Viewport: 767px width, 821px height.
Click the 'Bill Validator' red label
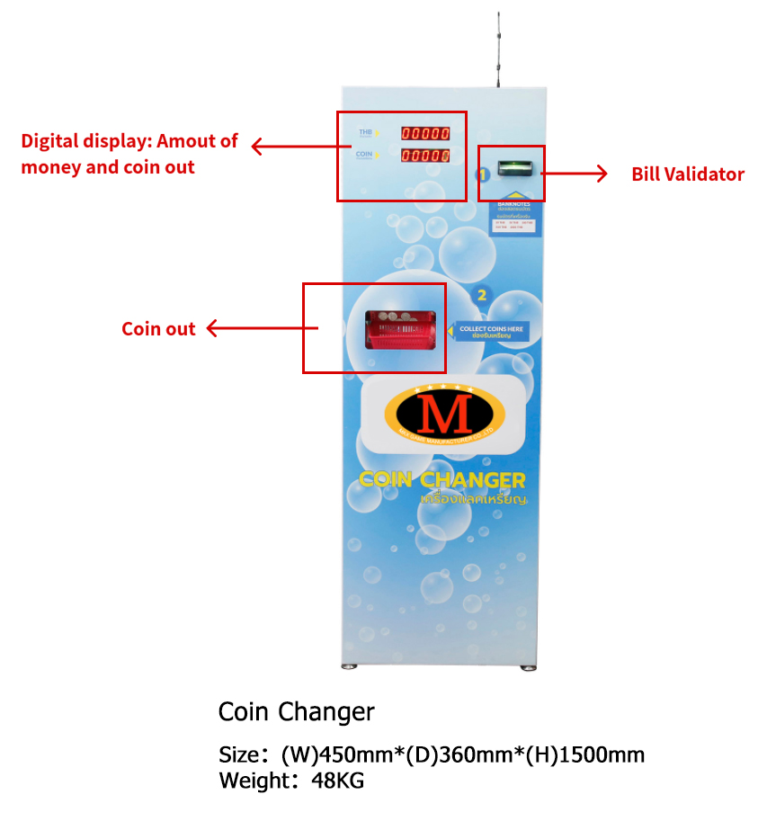[x=687, y=174]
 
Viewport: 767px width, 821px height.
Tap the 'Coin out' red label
[x=158, y=329]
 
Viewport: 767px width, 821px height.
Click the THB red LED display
[x=425, y=134]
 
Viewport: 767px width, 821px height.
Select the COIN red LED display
[x=425, y=156]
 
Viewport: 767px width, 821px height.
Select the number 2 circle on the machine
[x=482, y=294]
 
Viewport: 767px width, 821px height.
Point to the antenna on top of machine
[x=497, y=49]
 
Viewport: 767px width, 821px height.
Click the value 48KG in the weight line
[x=337, y=781]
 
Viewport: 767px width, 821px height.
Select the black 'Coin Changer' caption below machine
[x=296, y=712]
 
